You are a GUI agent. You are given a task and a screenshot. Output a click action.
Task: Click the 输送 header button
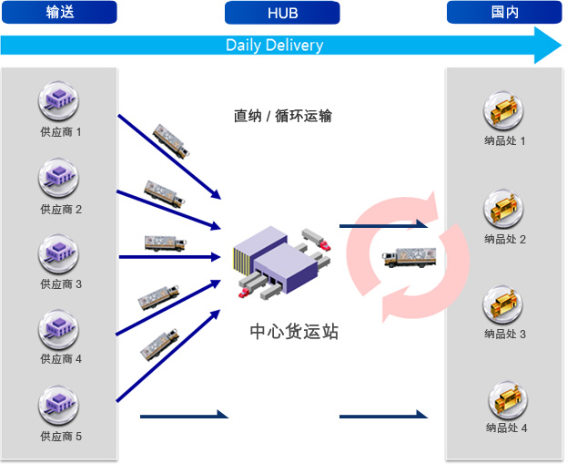(x=59, y=12)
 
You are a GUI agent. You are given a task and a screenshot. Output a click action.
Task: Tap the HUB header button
(x=282, y=13)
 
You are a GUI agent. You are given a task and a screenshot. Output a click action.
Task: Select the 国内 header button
(x=504, y=12)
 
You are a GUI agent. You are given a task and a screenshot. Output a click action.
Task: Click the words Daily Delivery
(x=275, y=46)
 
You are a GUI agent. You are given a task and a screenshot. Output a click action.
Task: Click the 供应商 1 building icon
(x=58, y=100)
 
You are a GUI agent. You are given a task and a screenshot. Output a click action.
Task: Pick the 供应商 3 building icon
(x=58, y=253)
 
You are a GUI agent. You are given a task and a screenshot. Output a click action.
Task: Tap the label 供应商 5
(x=61, y=436)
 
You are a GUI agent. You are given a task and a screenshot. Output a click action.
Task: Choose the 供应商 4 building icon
(x=58, y=329)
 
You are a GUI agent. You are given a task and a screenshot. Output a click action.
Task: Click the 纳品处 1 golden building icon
(x=503, y=110)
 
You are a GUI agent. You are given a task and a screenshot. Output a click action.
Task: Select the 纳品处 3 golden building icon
(x=502, y=304)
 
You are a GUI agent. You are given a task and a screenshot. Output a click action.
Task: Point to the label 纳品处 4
(x=506, y=428)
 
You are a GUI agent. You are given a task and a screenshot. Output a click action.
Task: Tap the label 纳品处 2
(x=505, y=239)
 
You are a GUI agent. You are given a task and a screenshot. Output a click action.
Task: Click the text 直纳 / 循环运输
(x=283, y=116)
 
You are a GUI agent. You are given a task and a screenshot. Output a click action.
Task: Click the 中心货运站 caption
(x=294, y=332)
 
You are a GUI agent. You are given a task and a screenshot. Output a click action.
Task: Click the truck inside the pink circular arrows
(x=409, y=257)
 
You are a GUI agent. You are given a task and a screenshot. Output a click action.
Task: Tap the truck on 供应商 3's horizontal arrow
(x=166, y=243)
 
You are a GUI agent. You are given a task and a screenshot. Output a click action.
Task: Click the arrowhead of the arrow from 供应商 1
(x=216, y=194)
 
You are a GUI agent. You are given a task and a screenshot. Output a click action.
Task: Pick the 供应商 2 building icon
(x=58, y=178)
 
